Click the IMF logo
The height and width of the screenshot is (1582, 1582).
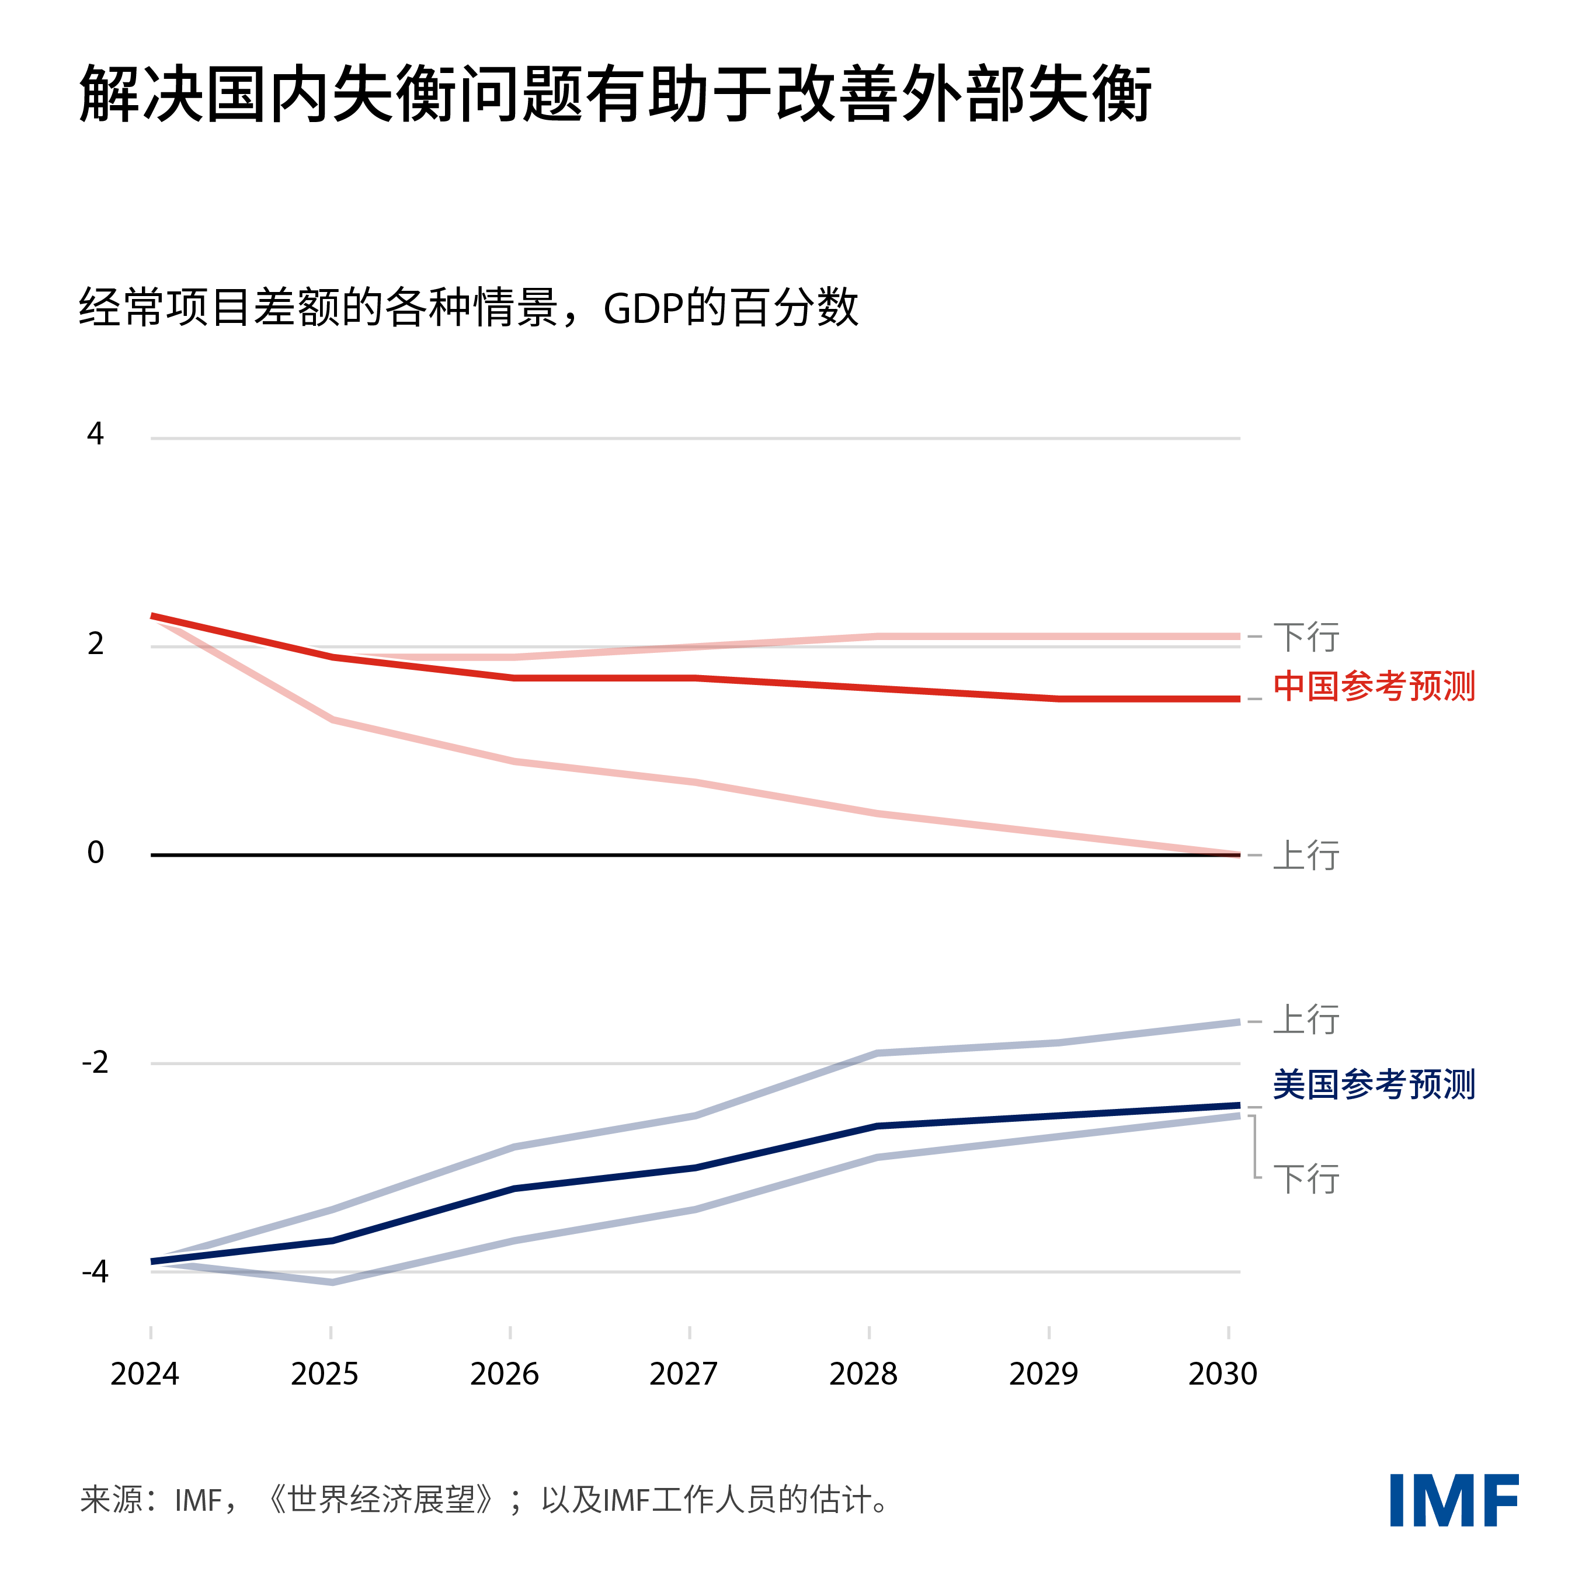(1454, 1500)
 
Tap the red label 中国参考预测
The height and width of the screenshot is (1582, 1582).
(1373, 686)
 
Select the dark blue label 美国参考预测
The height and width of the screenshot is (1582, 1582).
(1373, 1085)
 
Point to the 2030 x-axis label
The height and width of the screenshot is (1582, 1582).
(1222, 1374)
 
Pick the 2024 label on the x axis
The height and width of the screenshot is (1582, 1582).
(145, 1374)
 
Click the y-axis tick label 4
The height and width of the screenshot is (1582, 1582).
(95, 434)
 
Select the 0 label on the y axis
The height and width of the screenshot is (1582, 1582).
(95, 853)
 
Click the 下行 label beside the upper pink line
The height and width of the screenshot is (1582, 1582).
(1306, 637)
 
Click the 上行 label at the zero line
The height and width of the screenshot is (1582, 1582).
(1306, 856)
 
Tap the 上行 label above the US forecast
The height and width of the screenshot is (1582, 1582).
(1306, 1020)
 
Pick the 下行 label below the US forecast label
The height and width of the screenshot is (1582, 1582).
(1306, 1179)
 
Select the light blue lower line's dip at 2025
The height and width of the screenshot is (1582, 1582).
(332, 1282)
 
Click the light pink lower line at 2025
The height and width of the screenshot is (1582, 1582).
(332, 720)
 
